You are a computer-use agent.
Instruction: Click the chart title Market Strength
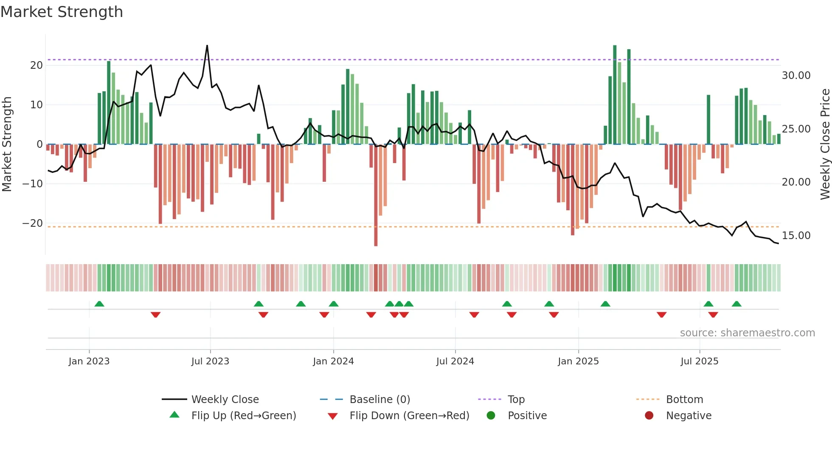click(62, 12)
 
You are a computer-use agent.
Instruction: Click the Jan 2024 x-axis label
click(333, 361)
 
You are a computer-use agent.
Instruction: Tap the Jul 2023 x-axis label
click(210, 361)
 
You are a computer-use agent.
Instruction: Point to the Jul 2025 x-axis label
click(699, 361)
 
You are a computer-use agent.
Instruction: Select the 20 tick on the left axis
click(37, 65)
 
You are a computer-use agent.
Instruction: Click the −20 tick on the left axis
click(33, 223)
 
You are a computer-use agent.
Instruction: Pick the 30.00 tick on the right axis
click(796, 76)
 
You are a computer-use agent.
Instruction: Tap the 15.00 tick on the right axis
click(796, 236)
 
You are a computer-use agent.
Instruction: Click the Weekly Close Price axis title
click(825, 144)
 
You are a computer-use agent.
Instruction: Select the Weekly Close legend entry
click(225, 400)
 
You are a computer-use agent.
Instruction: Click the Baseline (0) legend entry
click(379, 400)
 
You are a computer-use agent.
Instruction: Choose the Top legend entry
click(516, 400)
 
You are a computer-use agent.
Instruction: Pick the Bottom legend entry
click(684, 400)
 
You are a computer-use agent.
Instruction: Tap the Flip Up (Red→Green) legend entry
click(243, 416)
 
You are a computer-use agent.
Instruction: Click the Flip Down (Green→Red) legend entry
click(409, 416)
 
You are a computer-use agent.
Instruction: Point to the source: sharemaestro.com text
click(747, 333)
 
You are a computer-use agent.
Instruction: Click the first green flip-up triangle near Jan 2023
click(99, 304)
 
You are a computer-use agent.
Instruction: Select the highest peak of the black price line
click(207, 46)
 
